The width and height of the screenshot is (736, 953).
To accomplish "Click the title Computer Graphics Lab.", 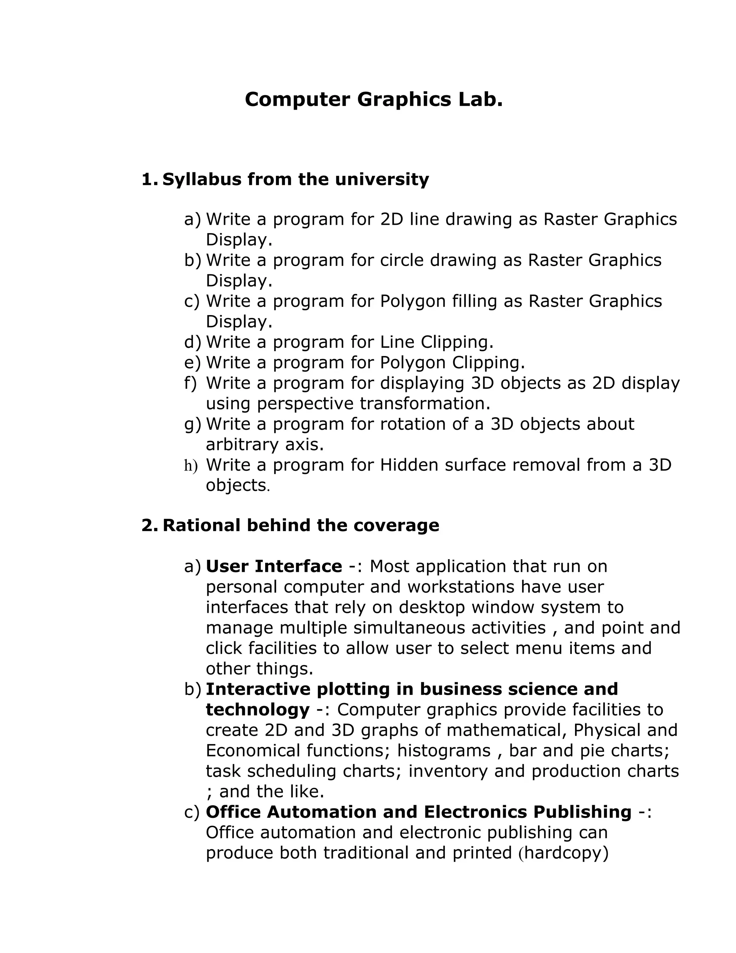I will pos(374,100).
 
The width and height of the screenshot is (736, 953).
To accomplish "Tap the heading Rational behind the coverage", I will pos(300,525).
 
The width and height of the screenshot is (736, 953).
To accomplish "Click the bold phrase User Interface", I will pos(274,566).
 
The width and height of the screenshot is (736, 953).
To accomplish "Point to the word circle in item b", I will pos(401,260).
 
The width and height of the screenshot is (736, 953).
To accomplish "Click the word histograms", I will pos(444,751).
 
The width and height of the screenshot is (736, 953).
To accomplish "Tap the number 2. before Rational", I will pos(149,525).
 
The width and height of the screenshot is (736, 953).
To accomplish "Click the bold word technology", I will pos(257,710).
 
